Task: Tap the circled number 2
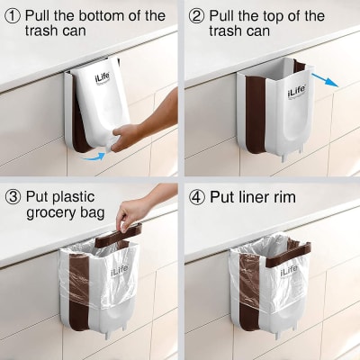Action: pos(195,16)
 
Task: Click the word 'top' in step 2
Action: pos(284,16)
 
